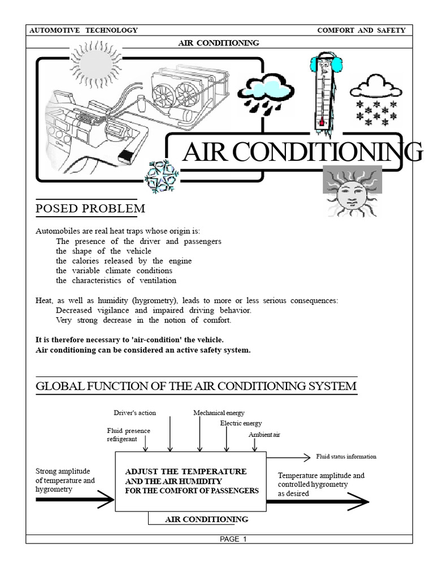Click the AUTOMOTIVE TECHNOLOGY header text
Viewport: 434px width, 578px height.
coord(84,30)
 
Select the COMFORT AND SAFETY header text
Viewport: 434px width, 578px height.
coord(361,30)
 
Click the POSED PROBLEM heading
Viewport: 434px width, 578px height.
coord(90,209)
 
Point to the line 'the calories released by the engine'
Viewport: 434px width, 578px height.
coord(124,261)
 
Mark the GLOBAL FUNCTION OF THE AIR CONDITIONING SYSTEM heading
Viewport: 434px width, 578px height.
coord(196,386)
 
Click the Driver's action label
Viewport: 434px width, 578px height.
coord(134,413)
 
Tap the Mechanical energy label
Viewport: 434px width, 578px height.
coord(219,413)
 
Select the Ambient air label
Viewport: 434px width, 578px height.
coord(264,435)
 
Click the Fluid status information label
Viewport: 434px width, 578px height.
coord(346,457)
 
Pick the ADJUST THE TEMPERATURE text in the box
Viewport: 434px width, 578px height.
coord(185,471)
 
